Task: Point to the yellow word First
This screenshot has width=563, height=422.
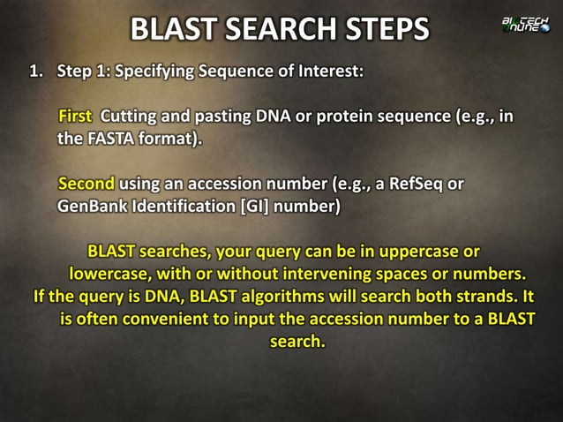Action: (75, 117)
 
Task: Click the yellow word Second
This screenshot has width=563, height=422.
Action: (86, 185)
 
